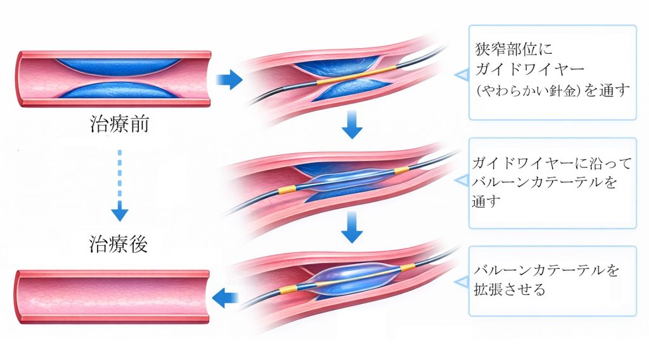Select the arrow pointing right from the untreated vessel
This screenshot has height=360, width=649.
[229, 79]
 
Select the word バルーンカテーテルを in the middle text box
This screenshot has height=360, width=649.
[544, 183]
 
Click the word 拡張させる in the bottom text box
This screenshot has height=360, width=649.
[510, 290]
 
